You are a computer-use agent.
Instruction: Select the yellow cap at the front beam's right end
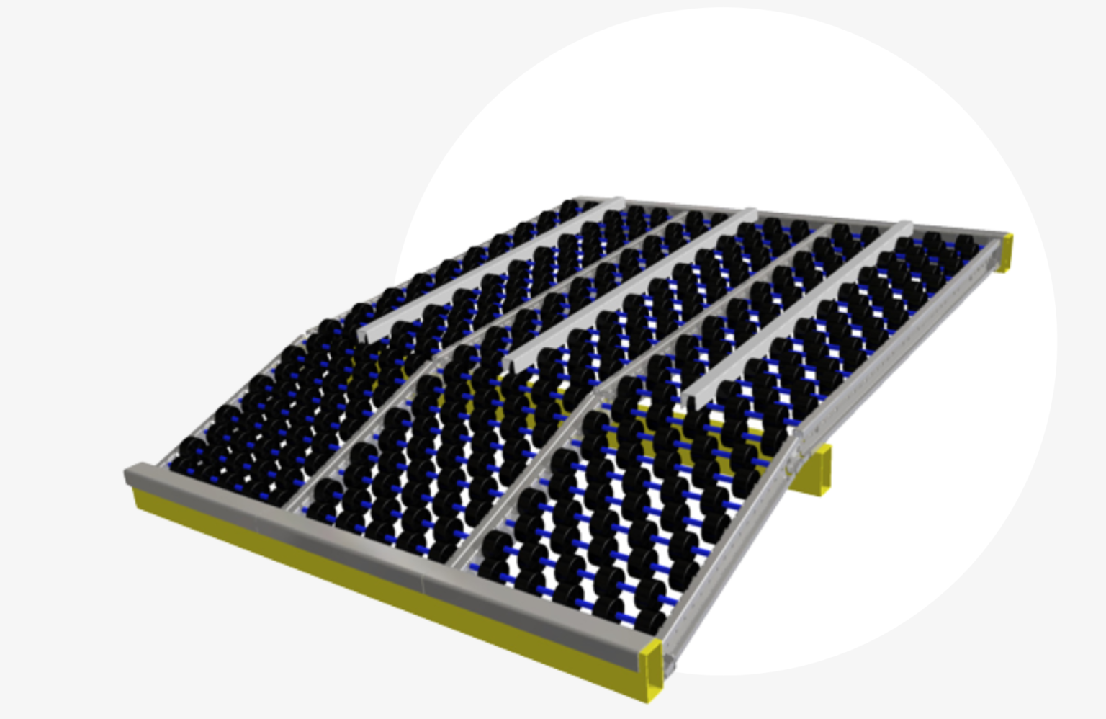pyautogui.click(x=652, y=666)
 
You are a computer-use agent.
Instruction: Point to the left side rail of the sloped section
pyautogui.click(x=230, y=396)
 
